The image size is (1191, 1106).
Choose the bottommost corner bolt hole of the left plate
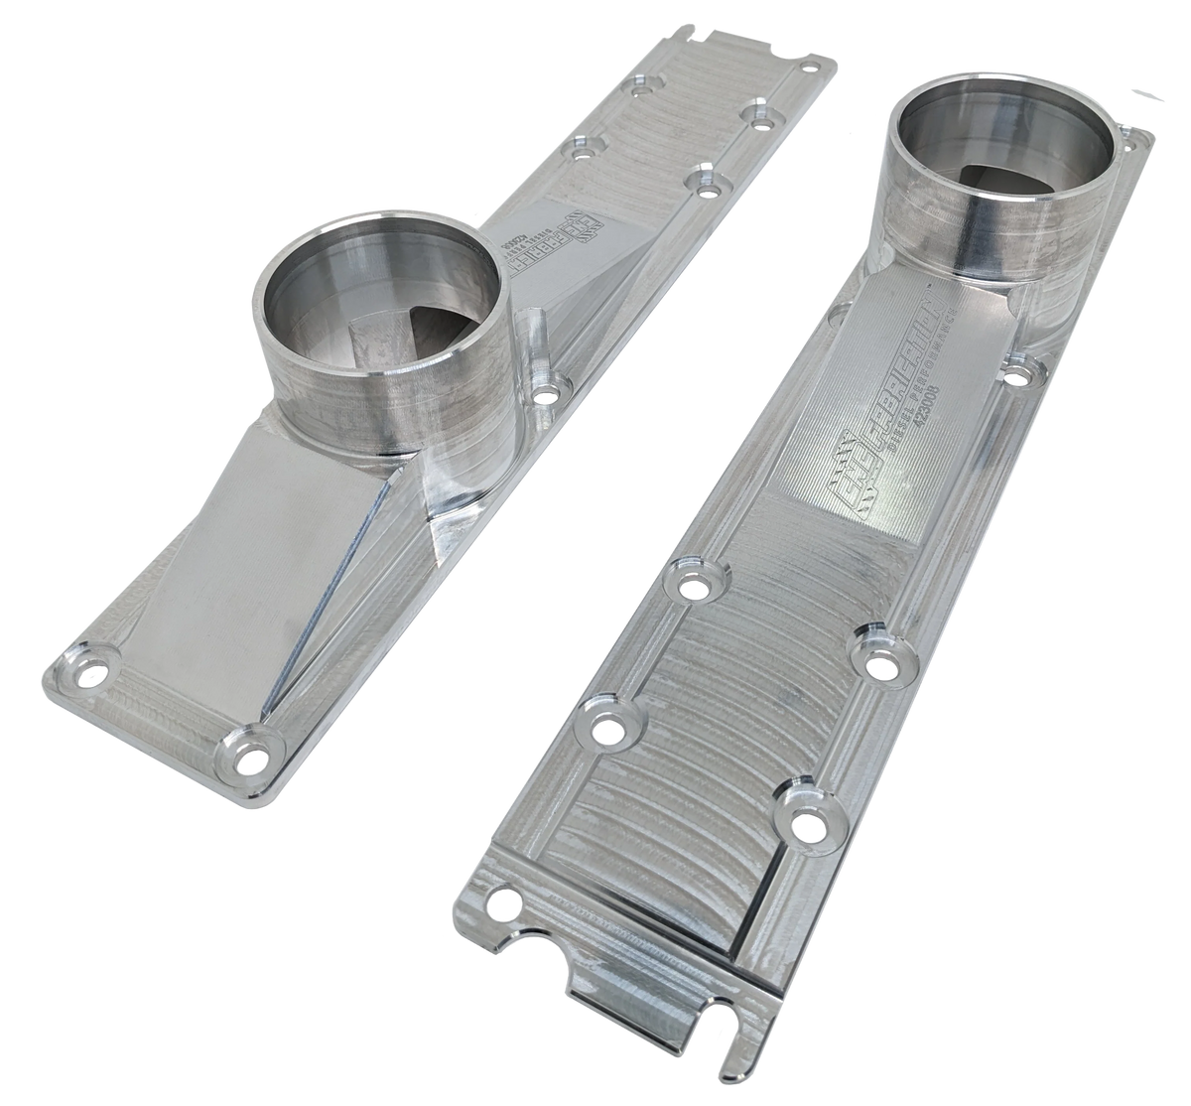pos(252,760)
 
